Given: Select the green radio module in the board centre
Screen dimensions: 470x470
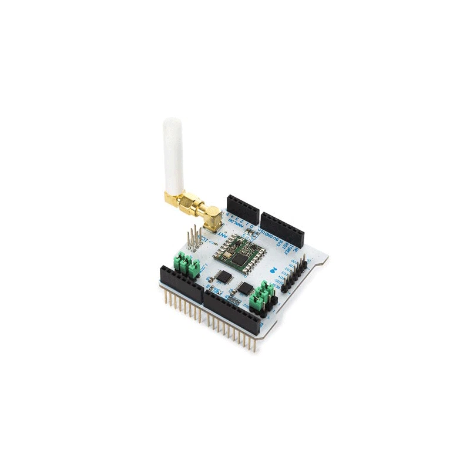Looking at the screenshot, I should pyautogui.click(x=238, y=252).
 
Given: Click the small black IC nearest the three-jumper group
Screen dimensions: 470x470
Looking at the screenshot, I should pyautogui.click(x=223, y=276).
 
